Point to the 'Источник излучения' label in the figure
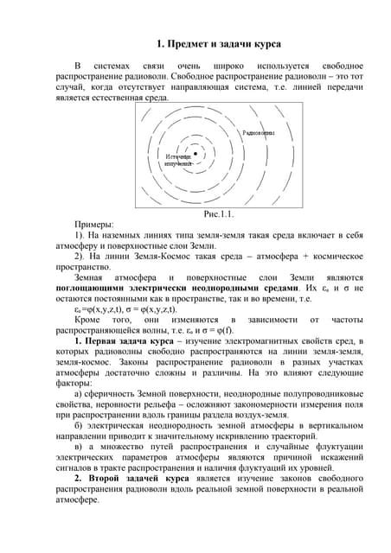point(177,160)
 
